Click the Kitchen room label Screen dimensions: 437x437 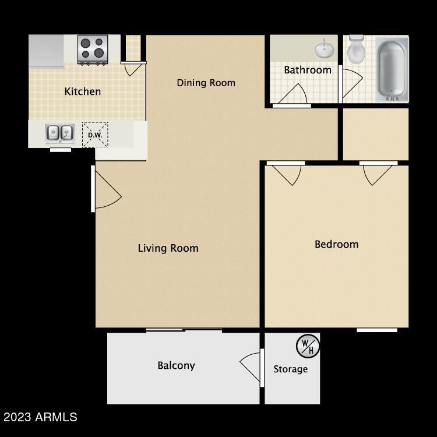pyautogui.click(x=82, y=91)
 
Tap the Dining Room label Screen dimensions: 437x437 pyautogui.click(x=206, y=83)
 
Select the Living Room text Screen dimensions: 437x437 pyautogui.click(x=168, y=248)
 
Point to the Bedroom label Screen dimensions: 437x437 pyautogui.click(x=336, y=244)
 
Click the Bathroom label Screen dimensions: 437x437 pyautogui.click(x=307, y=70)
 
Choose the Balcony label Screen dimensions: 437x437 pyautogui.click(x=176, y=366)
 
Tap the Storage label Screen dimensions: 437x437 pyautogui.click(x=290, y=369)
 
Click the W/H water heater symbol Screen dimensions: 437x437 pyautogui.click(x=308, y=346)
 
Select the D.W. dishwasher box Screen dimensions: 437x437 pyautogui.click(x=94, y=135)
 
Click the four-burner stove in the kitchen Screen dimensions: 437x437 pyautogui.click(x=93, y=50)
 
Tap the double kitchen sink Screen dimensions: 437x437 pyautogui.click(x=60, y=133)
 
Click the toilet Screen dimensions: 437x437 pyautogui.click(x=355, y=51)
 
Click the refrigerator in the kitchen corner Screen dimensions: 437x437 pyautogui.click(x=47, y=51)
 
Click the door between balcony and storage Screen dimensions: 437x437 pyautogui.click(x=252, y=368)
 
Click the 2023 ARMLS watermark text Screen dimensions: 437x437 pyautogui.click(x=40, y=417)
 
